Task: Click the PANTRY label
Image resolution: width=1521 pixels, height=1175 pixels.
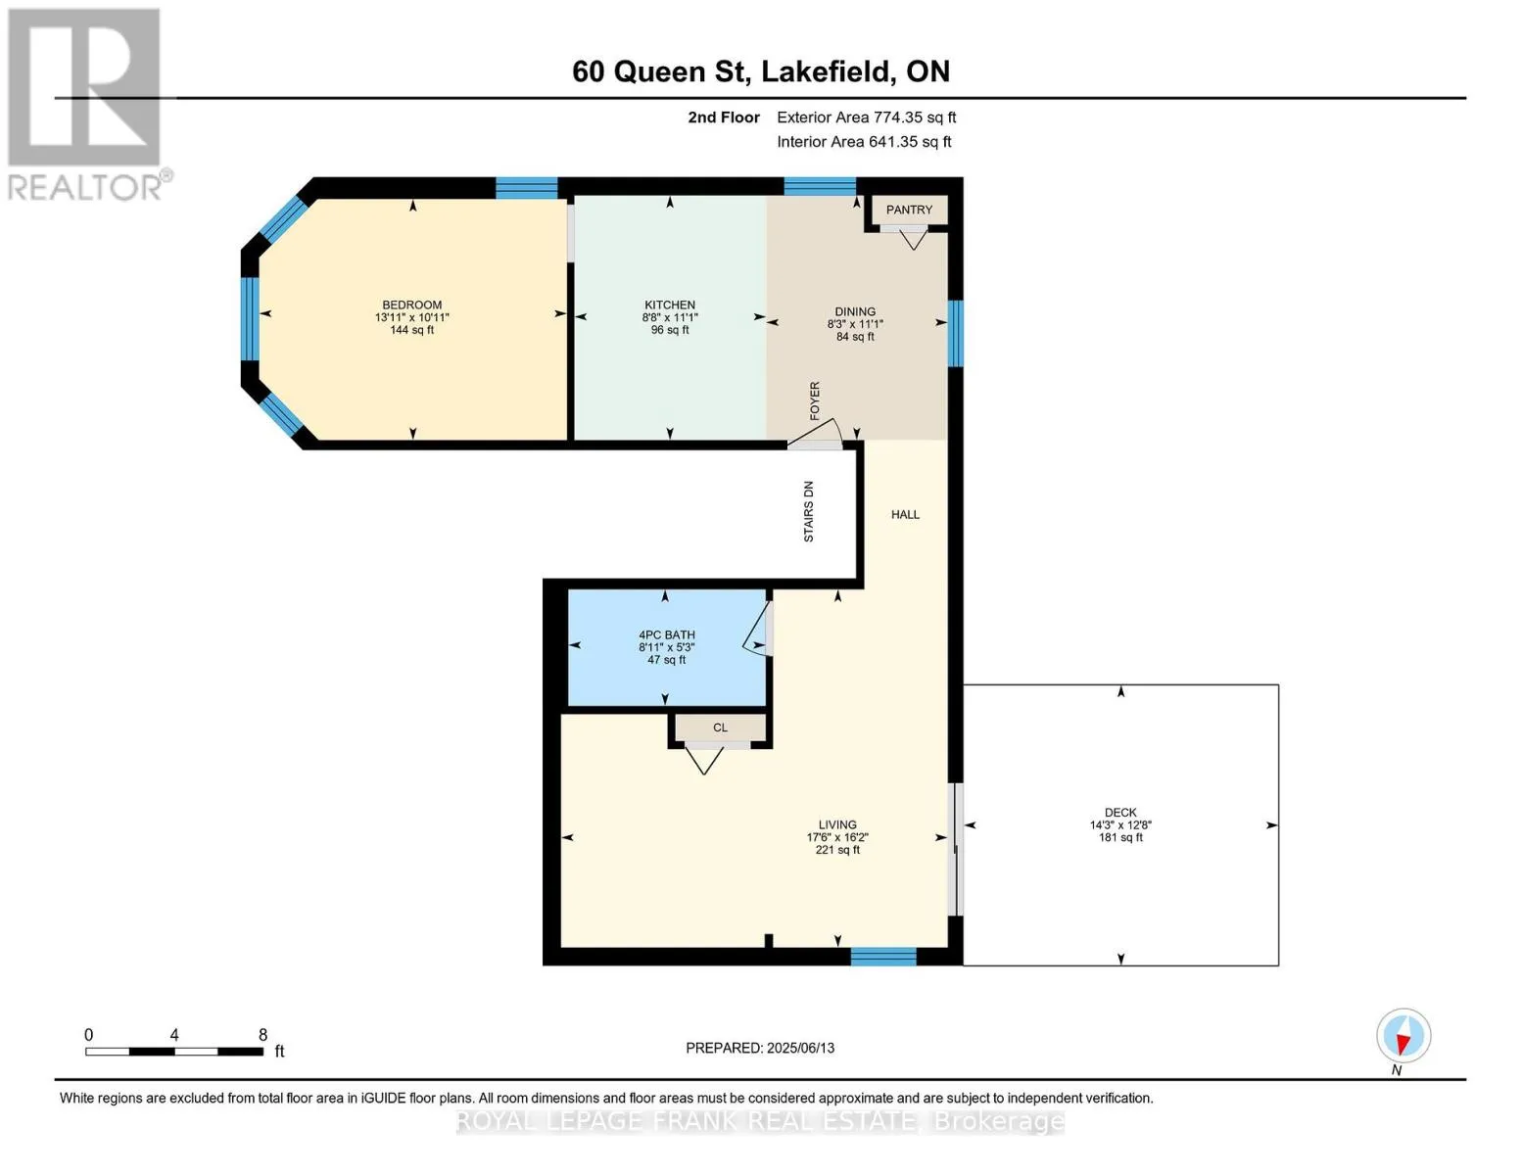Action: point(909,210)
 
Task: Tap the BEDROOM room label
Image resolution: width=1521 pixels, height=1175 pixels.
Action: point(411,305)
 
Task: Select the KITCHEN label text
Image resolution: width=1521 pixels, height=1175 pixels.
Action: point(670,305)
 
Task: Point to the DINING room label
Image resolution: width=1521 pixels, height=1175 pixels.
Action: point(855,311)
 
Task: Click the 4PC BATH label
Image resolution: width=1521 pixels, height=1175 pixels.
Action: point(666,634)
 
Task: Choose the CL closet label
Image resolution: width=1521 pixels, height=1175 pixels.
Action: point(720,728)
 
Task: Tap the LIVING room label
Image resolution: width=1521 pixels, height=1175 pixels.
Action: point(837,825)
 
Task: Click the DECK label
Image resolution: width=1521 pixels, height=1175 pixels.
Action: point(1119,813)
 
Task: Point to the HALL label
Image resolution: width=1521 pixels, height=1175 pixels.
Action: point(905,515)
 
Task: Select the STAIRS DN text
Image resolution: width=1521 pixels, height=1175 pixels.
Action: point(808,511)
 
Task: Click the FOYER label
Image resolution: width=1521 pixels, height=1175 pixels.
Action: point(814,401)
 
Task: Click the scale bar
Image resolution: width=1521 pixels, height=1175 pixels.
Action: point(174,1051)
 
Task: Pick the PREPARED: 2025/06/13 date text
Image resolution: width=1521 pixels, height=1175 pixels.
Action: point(760,1048)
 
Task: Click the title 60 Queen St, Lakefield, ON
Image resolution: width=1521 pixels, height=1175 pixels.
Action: point(761,71)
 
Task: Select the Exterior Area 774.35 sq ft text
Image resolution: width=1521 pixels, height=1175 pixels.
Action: point(867,117)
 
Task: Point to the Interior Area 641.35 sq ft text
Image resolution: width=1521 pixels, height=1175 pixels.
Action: point(865,142)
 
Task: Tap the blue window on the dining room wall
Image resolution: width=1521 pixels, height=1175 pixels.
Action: point(956,333)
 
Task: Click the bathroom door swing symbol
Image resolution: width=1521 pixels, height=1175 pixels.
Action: point(758,629)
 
